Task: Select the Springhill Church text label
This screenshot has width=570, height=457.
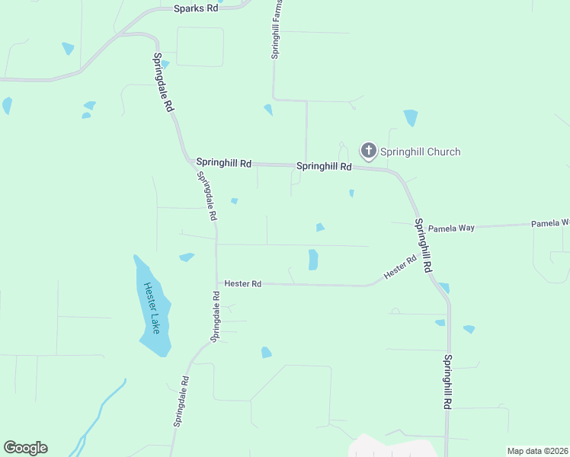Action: pyautogui.click(x=421, y=152)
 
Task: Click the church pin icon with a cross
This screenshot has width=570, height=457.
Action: pyautogui.click(x=368, y=150)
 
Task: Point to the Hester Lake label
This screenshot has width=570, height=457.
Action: pyautogui.click(x=151, y=308)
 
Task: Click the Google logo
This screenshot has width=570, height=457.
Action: pyautogui.click(x=25, y=448)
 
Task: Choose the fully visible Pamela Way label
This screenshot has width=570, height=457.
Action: pyautogui.click(x=451, y=228)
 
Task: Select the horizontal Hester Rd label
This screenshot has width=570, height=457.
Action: pyautogui.click(x=243, y=283)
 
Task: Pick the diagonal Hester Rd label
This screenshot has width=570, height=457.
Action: pyautogui.click(x=400, y=266)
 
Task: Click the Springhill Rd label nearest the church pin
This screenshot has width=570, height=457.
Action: pyautogui.click(x=324, y=166)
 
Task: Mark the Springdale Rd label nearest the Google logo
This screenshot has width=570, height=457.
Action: pyautogui.click(x=181, y=401)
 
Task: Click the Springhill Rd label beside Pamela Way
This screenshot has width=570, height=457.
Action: pyautogui.click(x=423, y=246)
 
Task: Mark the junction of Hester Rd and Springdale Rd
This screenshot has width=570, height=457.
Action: pyautogui.click(x=217, y=283)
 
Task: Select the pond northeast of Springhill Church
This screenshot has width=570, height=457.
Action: pyautogui.click(x=411, y=117)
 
